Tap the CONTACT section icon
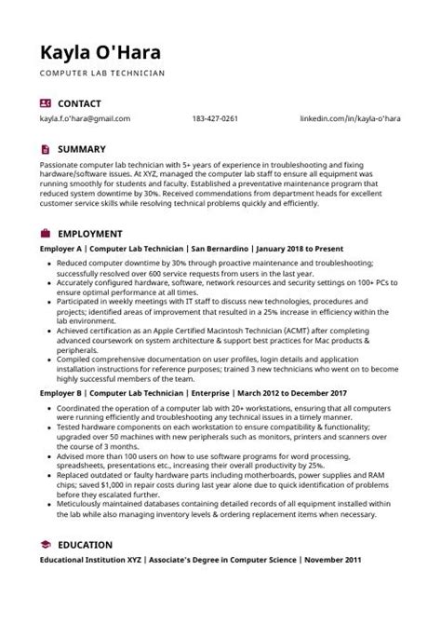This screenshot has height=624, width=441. pos(46,102)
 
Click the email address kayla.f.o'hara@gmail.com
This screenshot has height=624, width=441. pos(85,119)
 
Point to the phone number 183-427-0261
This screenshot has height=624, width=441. pos(216,119)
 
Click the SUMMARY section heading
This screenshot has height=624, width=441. pos(82,148)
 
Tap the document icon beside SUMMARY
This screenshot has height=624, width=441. pos(46,148)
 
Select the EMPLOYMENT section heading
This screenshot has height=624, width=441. pos(90,233)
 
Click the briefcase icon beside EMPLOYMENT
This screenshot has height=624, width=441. pos(46,233)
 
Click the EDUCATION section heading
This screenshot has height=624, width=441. pos(86,544)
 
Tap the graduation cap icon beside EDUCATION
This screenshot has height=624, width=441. pos(46,544)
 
